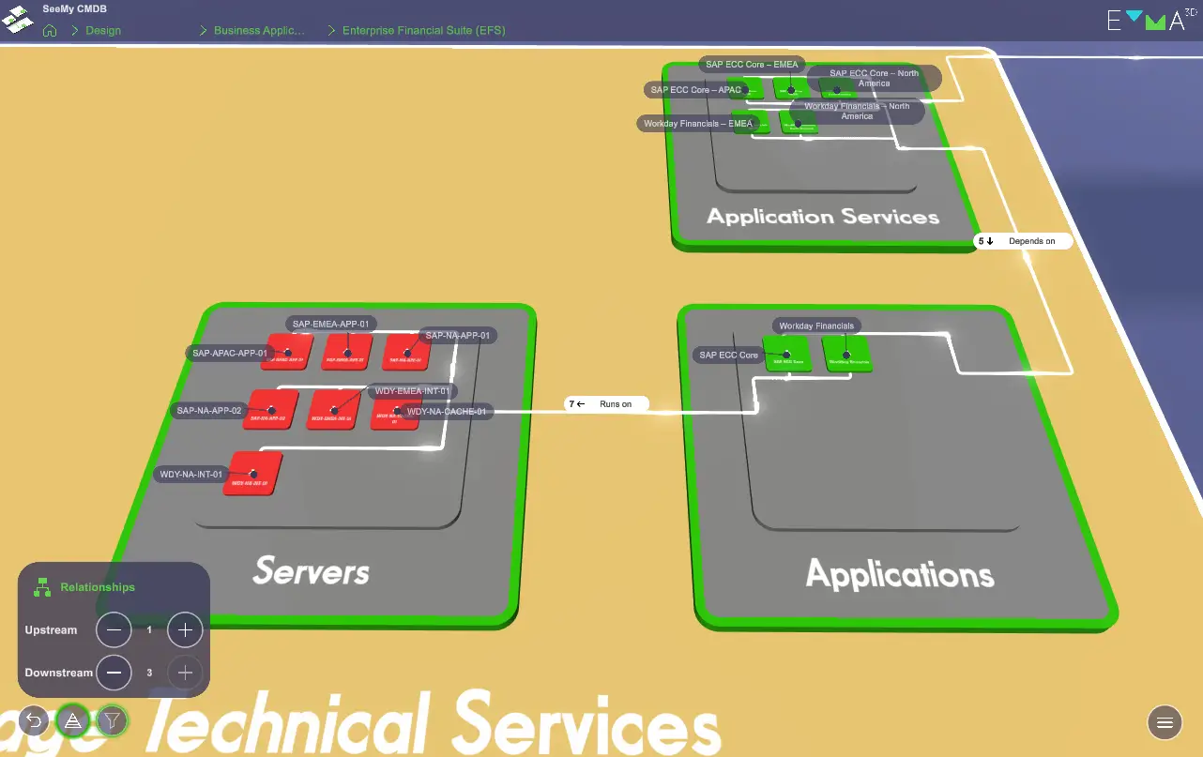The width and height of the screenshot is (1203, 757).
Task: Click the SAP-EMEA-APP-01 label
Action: click(x=333, y=325)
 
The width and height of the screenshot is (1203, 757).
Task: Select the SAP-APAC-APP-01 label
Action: click(x=230, y=354)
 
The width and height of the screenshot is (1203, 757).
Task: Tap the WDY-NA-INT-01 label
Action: click(x=191, y=475)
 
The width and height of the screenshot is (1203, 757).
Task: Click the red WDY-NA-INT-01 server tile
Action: click(x=251, y=475)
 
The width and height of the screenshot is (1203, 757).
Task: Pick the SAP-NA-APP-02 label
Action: click(x=209, y=411)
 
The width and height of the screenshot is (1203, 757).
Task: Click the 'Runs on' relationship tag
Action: click(x=605, y=404)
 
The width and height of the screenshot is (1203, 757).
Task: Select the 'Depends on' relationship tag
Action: click(x=1022, y=241)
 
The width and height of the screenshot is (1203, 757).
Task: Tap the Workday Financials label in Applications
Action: click(x=816, y=326)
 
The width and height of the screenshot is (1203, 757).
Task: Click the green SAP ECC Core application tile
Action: click(x=787, y=356)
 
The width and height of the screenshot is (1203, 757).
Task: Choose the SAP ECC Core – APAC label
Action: click(x=695, y=90)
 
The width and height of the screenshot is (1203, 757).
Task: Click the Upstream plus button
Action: click(x=185, y=630)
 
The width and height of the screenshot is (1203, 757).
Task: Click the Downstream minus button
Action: click(x=114, y=673)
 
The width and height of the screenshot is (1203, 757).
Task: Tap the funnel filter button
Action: click(x=112, y=720)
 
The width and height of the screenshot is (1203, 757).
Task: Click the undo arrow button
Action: click(x=34, y=720)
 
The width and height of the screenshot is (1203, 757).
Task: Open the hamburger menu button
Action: click(x=1165, y=721)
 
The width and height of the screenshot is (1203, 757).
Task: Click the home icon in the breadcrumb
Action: click(x=51, y=30)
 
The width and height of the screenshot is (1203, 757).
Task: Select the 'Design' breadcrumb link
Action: click(x=103, y=30)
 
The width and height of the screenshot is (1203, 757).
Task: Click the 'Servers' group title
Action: click(x=311, y=570)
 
